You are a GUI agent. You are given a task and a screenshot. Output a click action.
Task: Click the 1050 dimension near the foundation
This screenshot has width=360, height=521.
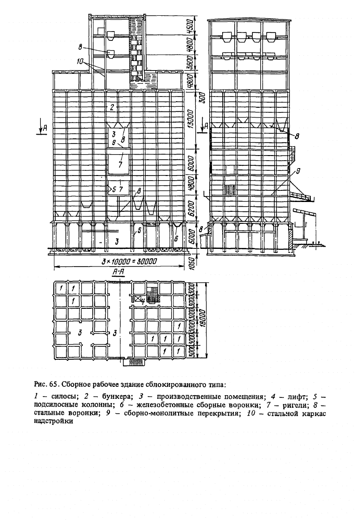point(191,262)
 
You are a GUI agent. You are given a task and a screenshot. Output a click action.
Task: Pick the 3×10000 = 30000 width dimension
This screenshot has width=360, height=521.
point(129,261)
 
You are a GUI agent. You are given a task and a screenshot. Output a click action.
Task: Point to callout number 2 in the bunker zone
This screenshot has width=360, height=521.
point(112,107)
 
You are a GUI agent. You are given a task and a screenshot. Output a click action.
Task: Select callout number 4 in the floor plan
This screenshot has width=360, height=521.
point(142,302)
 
